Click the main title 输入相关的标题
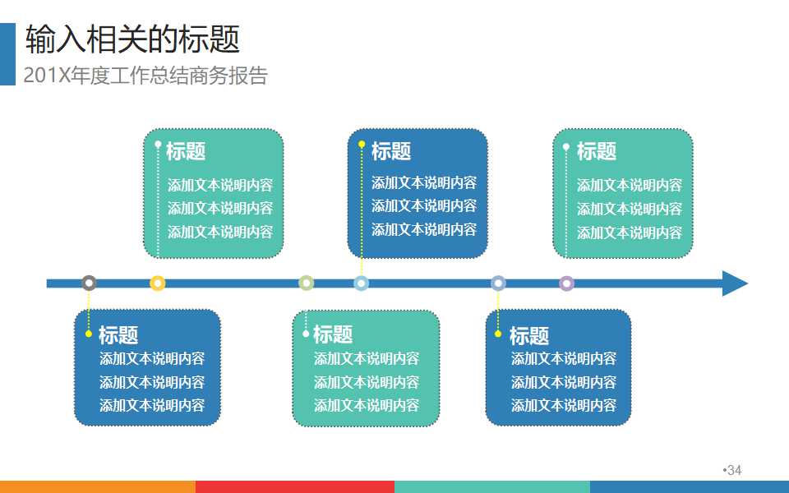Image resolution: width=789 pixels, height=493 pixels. [132, 39]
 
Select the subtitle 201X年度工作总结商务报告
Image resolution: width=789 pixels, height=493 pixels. [145, 76]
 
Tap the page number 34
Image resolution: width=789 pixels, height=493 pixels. [734, 470]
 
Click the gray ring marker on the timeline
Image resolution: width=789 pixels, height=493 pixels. [89, 283]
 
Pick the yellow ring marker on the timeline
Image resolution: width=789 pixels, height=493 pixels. [158, 283]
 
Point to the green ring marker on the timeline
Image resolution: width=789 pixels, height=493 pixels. [307, 283]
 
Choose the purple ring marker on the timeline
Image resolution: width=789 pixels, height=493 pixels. [566, 283]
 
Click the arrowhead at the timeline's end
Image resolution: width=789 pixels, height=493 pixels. [734, 283]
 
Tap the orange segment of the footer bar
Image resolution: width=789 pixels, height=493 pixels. [98, 486]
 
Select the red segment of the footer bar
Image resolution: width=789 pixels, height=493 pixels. [295, 486]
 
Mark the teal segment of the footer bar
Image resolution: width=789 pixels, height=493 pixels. [492, 486]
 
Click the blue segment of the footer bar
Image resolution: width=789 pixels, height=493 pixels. [690, 486]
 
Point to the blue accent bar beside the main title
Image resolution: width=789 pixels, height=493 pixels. [7, 54]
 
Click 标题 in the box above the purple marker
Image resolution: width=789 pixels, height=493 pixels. [596, 151]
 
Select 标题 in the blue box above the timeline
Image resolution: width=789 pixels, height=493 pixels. [391, 151]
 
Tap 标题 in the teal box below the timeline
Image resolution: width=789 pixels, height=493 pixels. [333, 334]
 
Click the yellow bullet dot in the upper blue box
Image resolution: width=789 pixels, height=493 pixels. [362, 145]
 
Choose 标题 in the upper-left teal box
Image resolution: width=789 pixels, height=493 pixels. [186, 151]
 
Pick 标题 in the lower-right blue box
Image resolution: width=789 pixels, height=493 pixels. [529, 335]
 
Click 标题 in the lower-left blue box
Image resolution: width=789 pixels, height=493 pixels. [118, 334]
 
